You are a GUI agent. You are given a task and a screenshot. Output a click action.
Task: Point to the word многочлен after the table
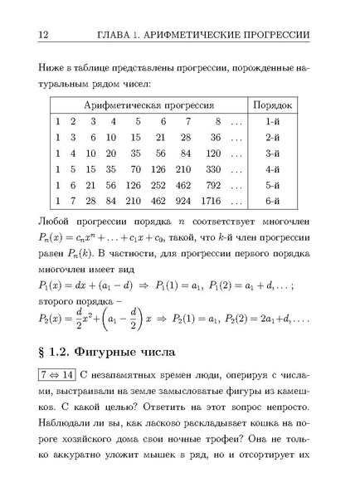coord(282,221)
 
